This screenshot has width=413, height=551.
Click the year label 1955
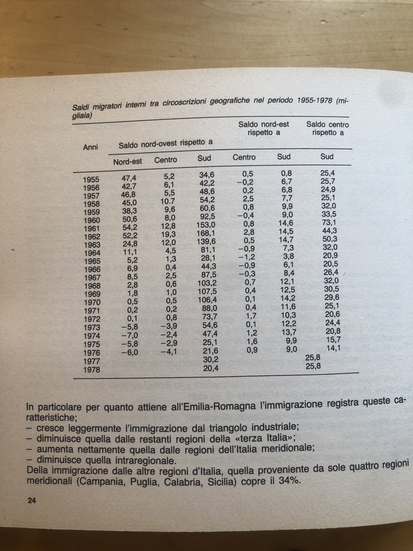91,179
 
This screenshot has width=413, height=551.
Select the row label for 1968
92,286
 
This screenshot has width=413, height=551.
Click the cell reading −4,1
168,352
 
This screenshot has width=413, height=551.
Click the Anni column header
91,147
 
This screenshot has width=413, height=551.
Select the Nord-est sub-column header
127,161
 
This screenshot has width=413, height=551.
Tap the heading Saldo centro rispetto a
327,128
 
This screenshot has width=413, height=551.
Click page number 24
32,501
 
